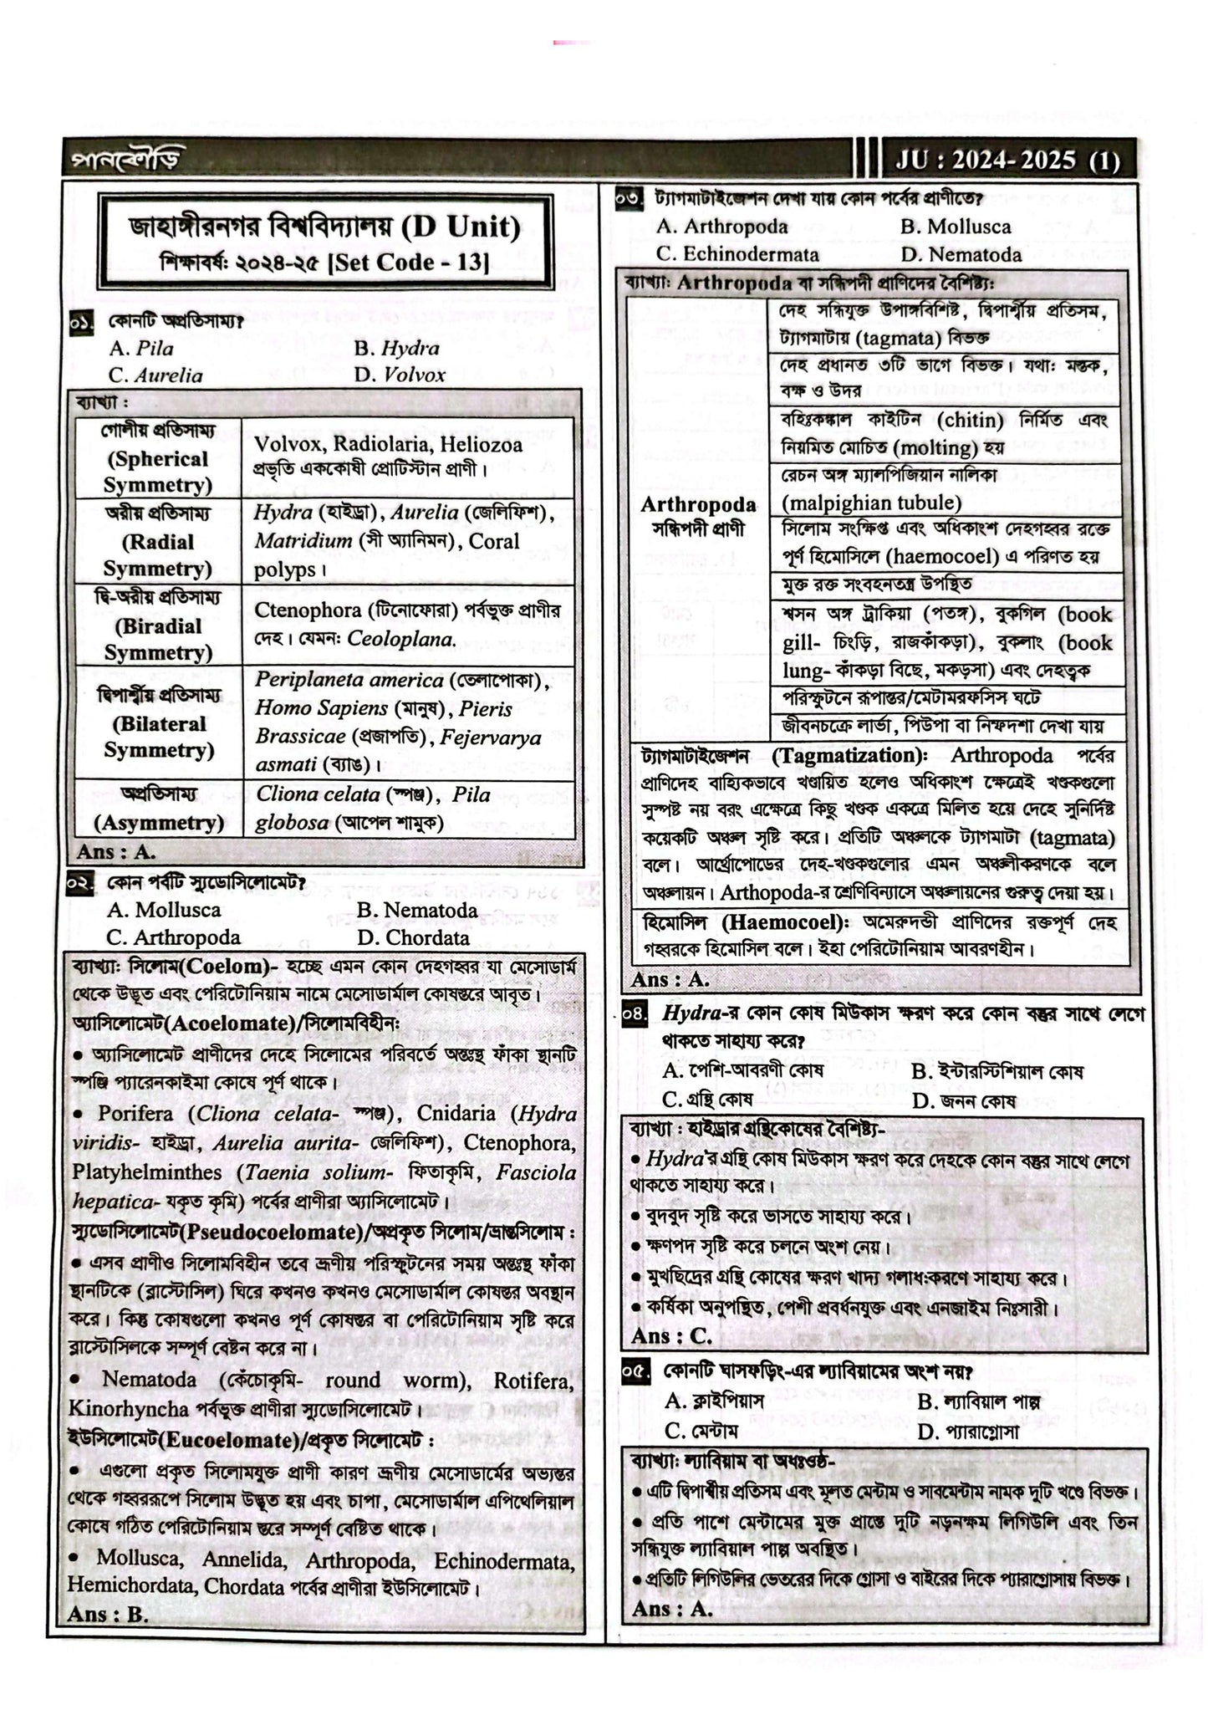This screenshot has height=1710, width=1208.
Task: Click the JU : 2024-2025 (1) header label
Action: point(1007,160)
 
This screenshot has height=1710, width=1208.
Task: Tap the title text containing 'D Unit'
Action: point(324,226)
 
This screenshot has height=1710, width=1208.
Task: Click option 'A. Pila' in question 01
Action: point(141,348)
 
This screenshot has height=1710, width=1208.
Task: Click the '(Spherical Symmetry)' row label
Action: point(158,472)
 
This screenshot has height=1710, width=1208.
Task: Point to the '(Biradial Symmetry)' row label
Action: point(158,639)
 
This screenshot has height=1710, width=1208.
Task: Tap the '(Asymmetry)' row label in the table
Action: point(160,823)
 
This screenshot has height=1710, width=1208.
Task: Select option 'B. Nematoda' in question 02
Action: point(417,910)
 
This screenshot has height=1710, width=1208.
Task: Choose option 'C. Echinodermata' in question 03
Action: point(738,254)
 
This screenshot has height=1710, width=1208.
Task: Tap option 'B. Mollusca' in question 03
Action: point(956,227)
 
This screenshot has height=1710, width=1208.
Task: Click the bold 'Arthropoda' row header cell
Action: point(698,505)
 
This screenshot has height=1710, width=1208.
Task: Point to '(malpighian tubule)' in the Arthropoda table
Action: point(872,503)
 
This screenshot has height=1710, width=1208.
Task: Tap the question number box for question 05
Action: point(635,1373)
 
